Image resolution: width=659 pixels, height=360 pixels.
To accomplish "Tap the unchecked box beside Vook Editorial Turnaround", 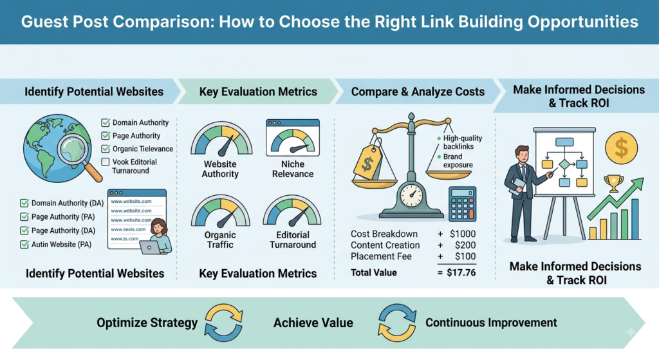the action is point(106,162).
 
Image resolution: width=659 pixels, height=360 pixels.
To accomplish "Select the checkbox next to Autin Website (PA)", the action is point(24,244).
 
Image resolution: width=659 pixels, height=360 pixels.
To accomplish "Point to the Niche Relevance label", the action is point(293,169).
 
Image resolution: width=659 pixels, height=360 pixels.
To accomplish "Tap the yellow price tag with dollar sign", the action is point(367,160).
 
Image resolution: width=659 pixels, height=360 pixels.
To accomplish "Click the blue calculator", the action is point(462,204).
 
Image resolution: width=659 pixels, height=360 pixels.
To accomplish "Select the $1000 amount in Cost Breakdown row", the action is point(462,234).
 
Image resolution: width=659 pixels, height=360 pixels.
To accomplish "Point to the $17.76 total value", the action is point(461,272).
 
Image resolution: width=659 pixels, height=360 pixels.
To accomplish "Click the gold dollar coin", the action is point(621,147).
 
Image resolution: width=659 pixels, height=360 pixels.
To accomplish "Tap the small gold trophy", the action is point(613,184).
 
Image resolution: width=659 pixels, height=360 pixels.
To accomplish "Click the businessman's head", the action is point(522,155).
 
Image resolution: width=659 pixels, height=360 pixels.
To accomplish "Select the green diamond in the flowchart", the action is point(564,164).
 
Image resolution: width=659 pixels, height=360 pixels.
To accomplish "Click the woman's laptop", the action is point(150,247).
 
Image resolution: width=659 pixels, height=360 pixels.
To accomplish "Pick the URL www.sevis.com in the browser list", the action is point(128,229).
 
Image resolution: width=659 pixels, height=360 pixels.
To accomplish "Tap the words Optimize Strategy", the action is point(147,323).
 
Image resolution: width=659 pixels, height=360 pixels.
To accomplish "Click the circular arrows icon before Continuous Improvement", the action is point(396,323).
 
